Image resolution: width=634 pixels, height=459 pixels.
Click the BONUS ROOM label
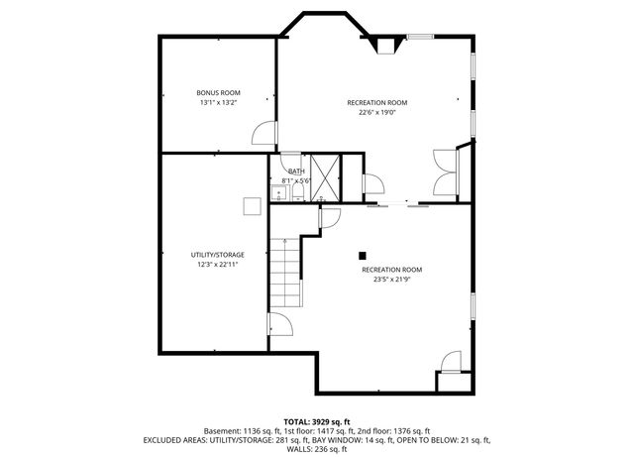pyautogui.click(x=219, y=92)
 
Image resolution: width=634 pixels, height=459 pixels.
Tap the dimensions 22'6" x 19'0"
pyautogui.click(x=375, y=112)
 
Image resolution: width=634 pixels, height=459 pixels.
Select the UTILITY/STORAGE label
pyautogui.click(x=217, y=254)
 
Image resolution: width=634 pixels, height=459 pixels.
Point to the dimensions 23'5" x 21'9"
pyautogui.click(x=391, y=280)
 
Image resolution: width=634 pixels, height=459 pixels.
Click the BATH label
pyautogui.click(x=296, y=172)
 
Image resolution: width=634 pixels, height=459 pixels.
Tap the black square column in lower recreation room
pyautogui.click(x=363, y=254)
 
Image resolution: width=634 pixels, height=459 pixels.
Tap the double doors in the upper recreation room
pyautogui.click(x=444, y=172)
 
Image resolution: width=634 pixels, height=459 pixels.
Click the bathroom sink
pyautogui.click(x=278, y=193)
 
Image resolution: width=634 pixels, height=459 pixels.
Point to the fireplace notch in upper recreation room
pyautogui.click(x=382, y=44)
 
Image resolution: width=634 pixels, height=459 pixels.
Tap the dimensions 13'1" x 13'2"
pyautogui.click(x=219, y=102)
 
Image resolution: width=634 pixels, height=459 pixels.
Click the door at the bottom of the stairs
pyautogui.click(x=279, y=325)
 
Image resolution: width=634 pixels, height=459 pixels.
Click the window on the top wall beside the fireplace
pyautogui.click(x=420, y=37)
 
